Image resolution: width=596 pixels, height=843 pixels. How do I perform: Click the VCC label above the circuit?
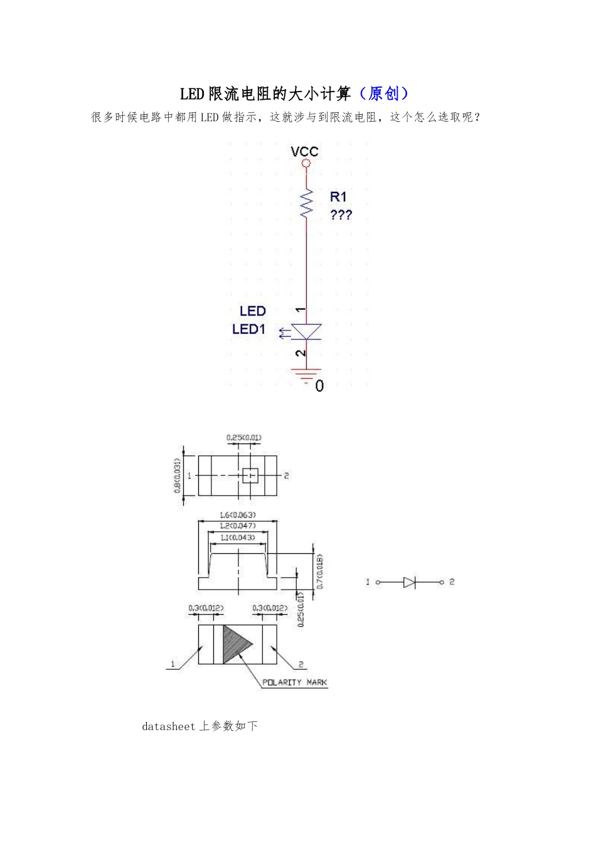(305, 152)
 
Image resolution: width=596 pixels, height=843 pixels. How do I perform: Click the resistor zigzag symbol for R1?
(307, 203)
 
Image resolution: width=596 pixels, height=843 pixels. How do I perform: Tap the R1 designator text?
(338, 196)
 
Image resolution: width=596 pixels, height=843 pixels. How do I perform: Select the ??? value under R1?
(341, 215)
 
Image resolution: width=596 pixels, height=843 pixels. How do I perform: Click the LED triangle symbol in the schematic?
(307, 332)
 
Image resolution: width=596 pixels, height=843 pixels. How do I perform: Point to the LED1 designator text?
(249, 329)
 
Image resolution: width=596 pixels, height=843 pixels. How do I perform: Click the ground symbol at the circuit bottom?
(307, 375)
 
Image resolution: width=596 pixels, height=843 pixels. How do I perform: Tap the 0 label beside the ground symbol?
(319, 386)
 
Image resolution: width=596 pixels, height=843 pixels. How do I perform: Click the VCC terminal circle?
(307, 163)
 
